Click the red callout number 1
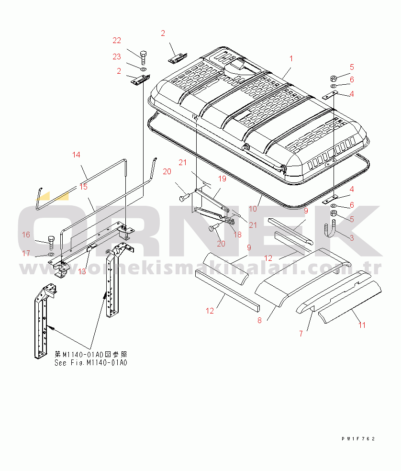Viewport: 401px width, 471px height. coord(291,58)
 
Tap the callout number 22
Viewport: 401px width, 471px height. coord(117,40)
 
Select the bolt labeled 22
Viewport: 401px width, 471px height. coord(143,57)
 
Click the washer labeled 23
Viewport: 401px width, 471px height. coord(144,70)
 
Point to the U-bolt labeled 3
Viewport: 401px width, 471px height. coord(330,230)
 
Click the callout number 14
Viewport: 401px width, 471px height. coord(76,155)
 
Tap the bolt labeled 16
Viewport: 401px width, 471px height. coord(51,243)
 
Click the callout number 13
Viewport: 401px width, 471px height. coord(82,271)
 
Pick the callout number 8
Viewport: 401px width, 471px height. coord(259,320)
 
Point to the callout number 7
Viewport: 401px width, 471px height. coord(301,334)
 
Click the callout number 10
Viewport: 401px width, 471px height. coord(253,209)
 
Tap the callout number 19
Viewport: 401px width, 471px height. coord(222,179)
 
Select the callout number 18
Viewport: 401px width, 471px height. coord(238,234)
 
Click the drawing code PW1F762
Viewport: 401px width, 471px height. coord(358,439)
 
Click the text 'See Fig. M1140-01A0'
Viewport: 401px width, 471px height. coord(91,362)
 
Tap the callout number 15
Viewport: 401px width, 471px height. coord(84,187)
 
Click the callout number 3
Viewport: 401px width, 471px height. coord(352,237)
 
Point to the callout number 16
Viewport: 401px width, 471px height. coord(26,234)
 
